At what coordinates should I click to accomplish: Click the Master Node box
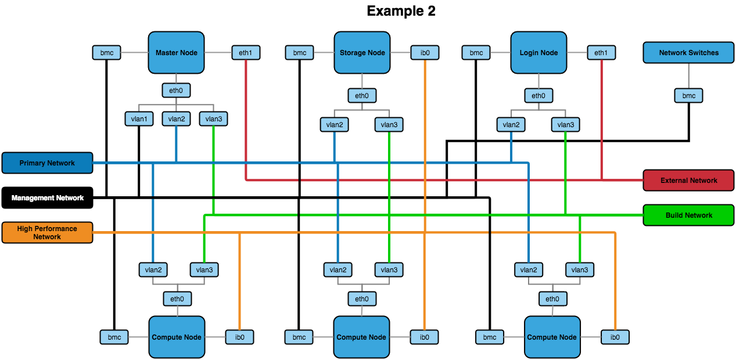176,52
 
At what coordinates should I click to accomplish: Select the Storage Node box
362,52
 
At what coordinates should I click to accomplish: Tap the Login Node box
538,52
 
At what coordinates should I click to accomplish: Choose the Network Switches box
688,52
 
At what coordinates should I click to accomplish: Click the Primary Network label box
47,163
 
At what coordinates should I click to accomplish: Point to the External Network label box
688,180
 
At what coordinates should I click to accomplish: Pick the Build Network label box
688,215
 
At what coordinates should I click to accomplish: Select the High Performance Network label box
47,232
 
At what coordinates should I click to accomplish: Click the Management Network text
48,198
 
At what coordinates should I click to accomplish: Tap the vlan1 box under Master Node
139,118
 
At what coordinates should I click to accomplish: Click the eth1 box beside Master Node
246,52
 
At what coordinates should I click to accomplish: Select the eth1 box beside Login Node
601,52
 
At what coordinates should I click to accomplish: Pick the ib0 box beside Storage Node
425,52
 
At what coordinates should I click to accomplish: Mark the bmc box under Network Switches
688,95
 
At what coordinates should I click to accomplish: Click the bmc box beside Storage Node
300,52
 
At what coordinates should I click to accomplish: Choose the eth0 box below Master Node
176,90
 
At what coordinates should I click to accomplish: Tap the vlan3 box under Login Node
565,124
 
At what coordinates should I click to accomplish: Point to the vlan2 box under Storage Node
334,124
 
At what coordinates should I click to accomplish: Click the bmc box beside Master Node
107,52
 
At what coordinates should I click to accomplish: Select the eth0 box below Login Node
538,95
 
